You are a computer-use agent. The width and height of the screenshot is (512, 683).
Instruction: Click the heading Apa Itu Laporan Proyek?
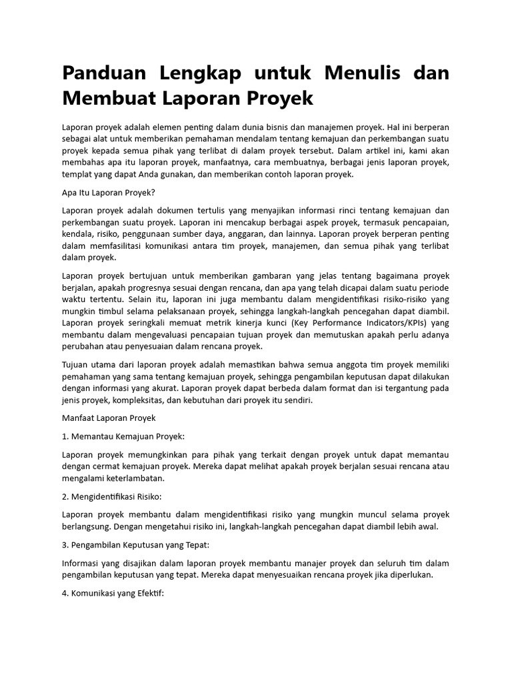pyautogui.click(x=108, y=192)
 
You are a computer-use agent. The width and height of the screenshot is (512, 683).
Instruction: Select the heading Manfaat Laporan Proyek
pyautogui.click(x=109, y=418)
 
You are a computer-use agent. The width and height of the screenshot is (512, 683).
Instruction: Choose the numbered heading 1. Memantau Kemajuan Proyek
pyautogui.click(x=123, y=436)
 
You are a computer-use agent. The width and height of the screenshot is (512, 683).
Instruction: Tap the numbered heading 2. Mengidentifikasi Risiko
pyautogui.click(x=112, y=497)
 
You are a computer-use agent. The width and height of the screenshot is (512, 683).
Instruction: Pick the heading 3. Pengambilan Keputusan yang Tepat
pyautogui.click(x=135, y=545)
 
